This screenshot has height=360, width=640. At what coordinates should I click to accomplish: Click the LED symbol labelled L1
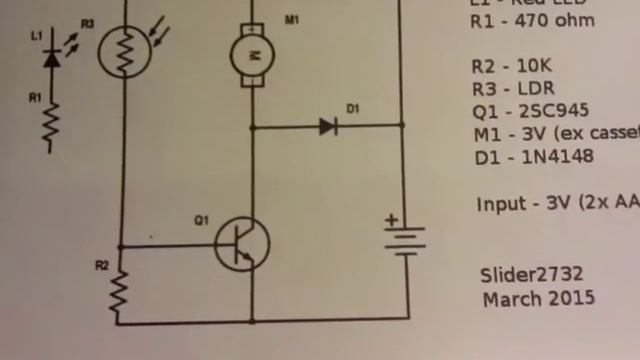(x=52, y=58)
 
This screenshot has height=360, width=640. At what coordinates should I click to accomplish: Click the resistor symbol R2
(x=119, y=291)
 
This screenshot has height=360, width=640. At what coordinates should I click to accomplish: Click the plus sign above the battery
(x=393, y=220)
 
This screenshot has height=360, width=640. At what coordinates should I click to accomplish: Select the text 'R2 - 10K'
(x=511, y=67)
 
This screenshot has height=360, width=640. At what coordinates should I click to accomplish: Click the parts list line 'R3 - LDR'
(x=511, y=89)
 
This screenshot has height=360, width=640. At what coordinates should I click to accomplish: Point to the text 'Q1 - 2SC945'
(x=530, y=111)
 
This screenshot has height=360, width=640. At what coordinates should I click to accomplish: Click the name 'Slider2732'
(x=532, y=275)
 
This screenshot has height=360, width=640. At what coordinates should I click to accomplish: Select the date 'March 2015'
(x=538, y=298)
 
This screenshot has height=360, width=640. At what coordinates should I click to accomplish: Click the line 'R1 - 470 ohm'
(x=532, y=21)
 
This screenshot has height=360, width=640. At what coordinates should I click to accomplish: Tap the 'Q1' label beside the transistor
(x=201, y=220)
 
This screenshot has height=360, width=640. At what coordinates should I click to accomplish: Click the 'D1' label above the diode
(x=351, y=107)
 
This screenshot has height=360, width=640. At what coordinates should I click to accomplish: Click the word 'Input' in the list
(x=500, y=203)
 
